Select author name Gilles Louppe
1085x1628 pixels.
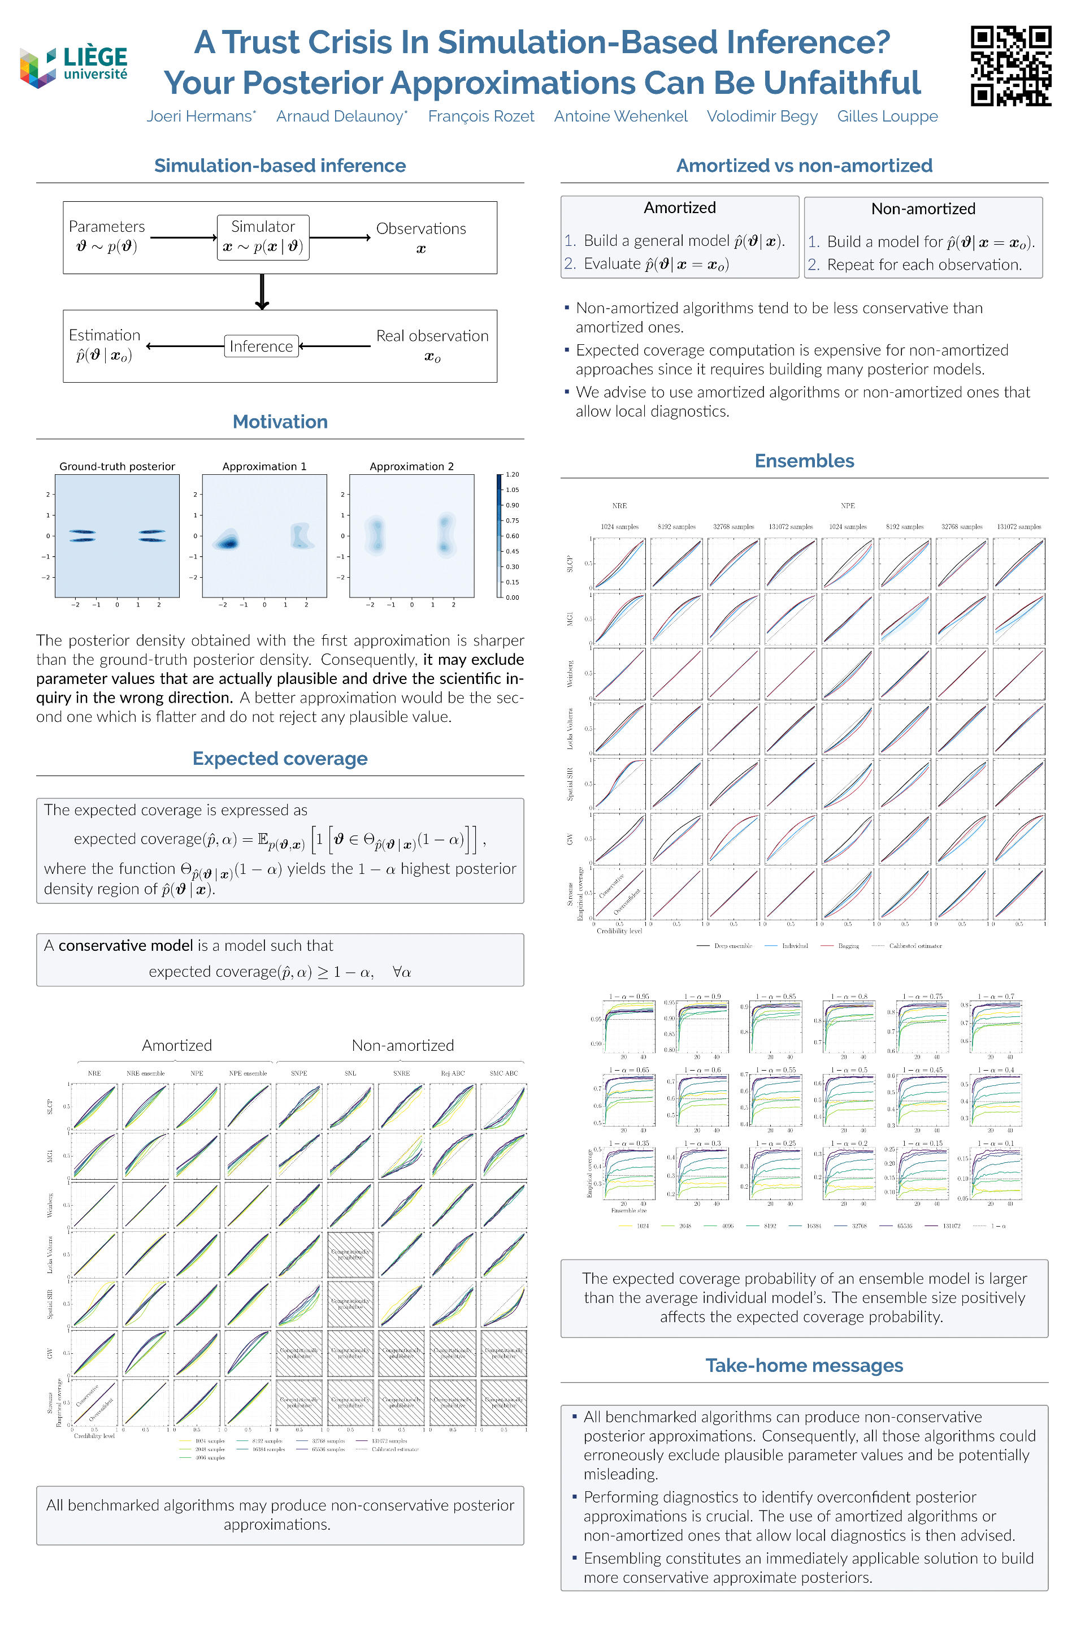887,116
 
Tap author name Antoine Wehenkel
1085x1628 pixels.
620,116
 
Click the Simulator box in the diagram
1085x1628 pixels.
263,237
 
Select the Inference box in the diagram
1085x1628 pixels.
261,346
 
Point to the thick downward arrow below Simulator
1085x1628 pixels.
262,292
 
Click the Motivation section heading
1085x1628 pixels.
280,422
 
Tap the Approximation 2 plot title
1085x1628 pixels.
412,466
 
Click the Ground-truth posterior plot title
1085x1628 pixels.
117,466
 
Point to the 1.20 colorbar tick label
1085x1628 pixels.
512,475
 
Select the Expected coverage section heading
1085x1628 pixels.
280,759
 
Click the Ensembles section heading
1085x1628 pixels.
804,461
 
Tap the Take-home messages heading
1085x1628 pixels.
804,1365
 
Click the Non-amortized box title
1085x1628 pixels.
923,209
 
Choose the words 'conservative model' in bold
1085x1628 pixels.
125,946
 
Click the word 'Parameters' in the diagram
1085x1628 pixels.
107,226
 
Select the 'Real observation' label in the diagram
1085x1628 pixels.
432,336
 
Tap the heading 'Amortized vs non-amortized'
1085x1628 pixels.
804,166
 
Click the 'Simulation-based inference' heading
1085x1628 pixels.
280,166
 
